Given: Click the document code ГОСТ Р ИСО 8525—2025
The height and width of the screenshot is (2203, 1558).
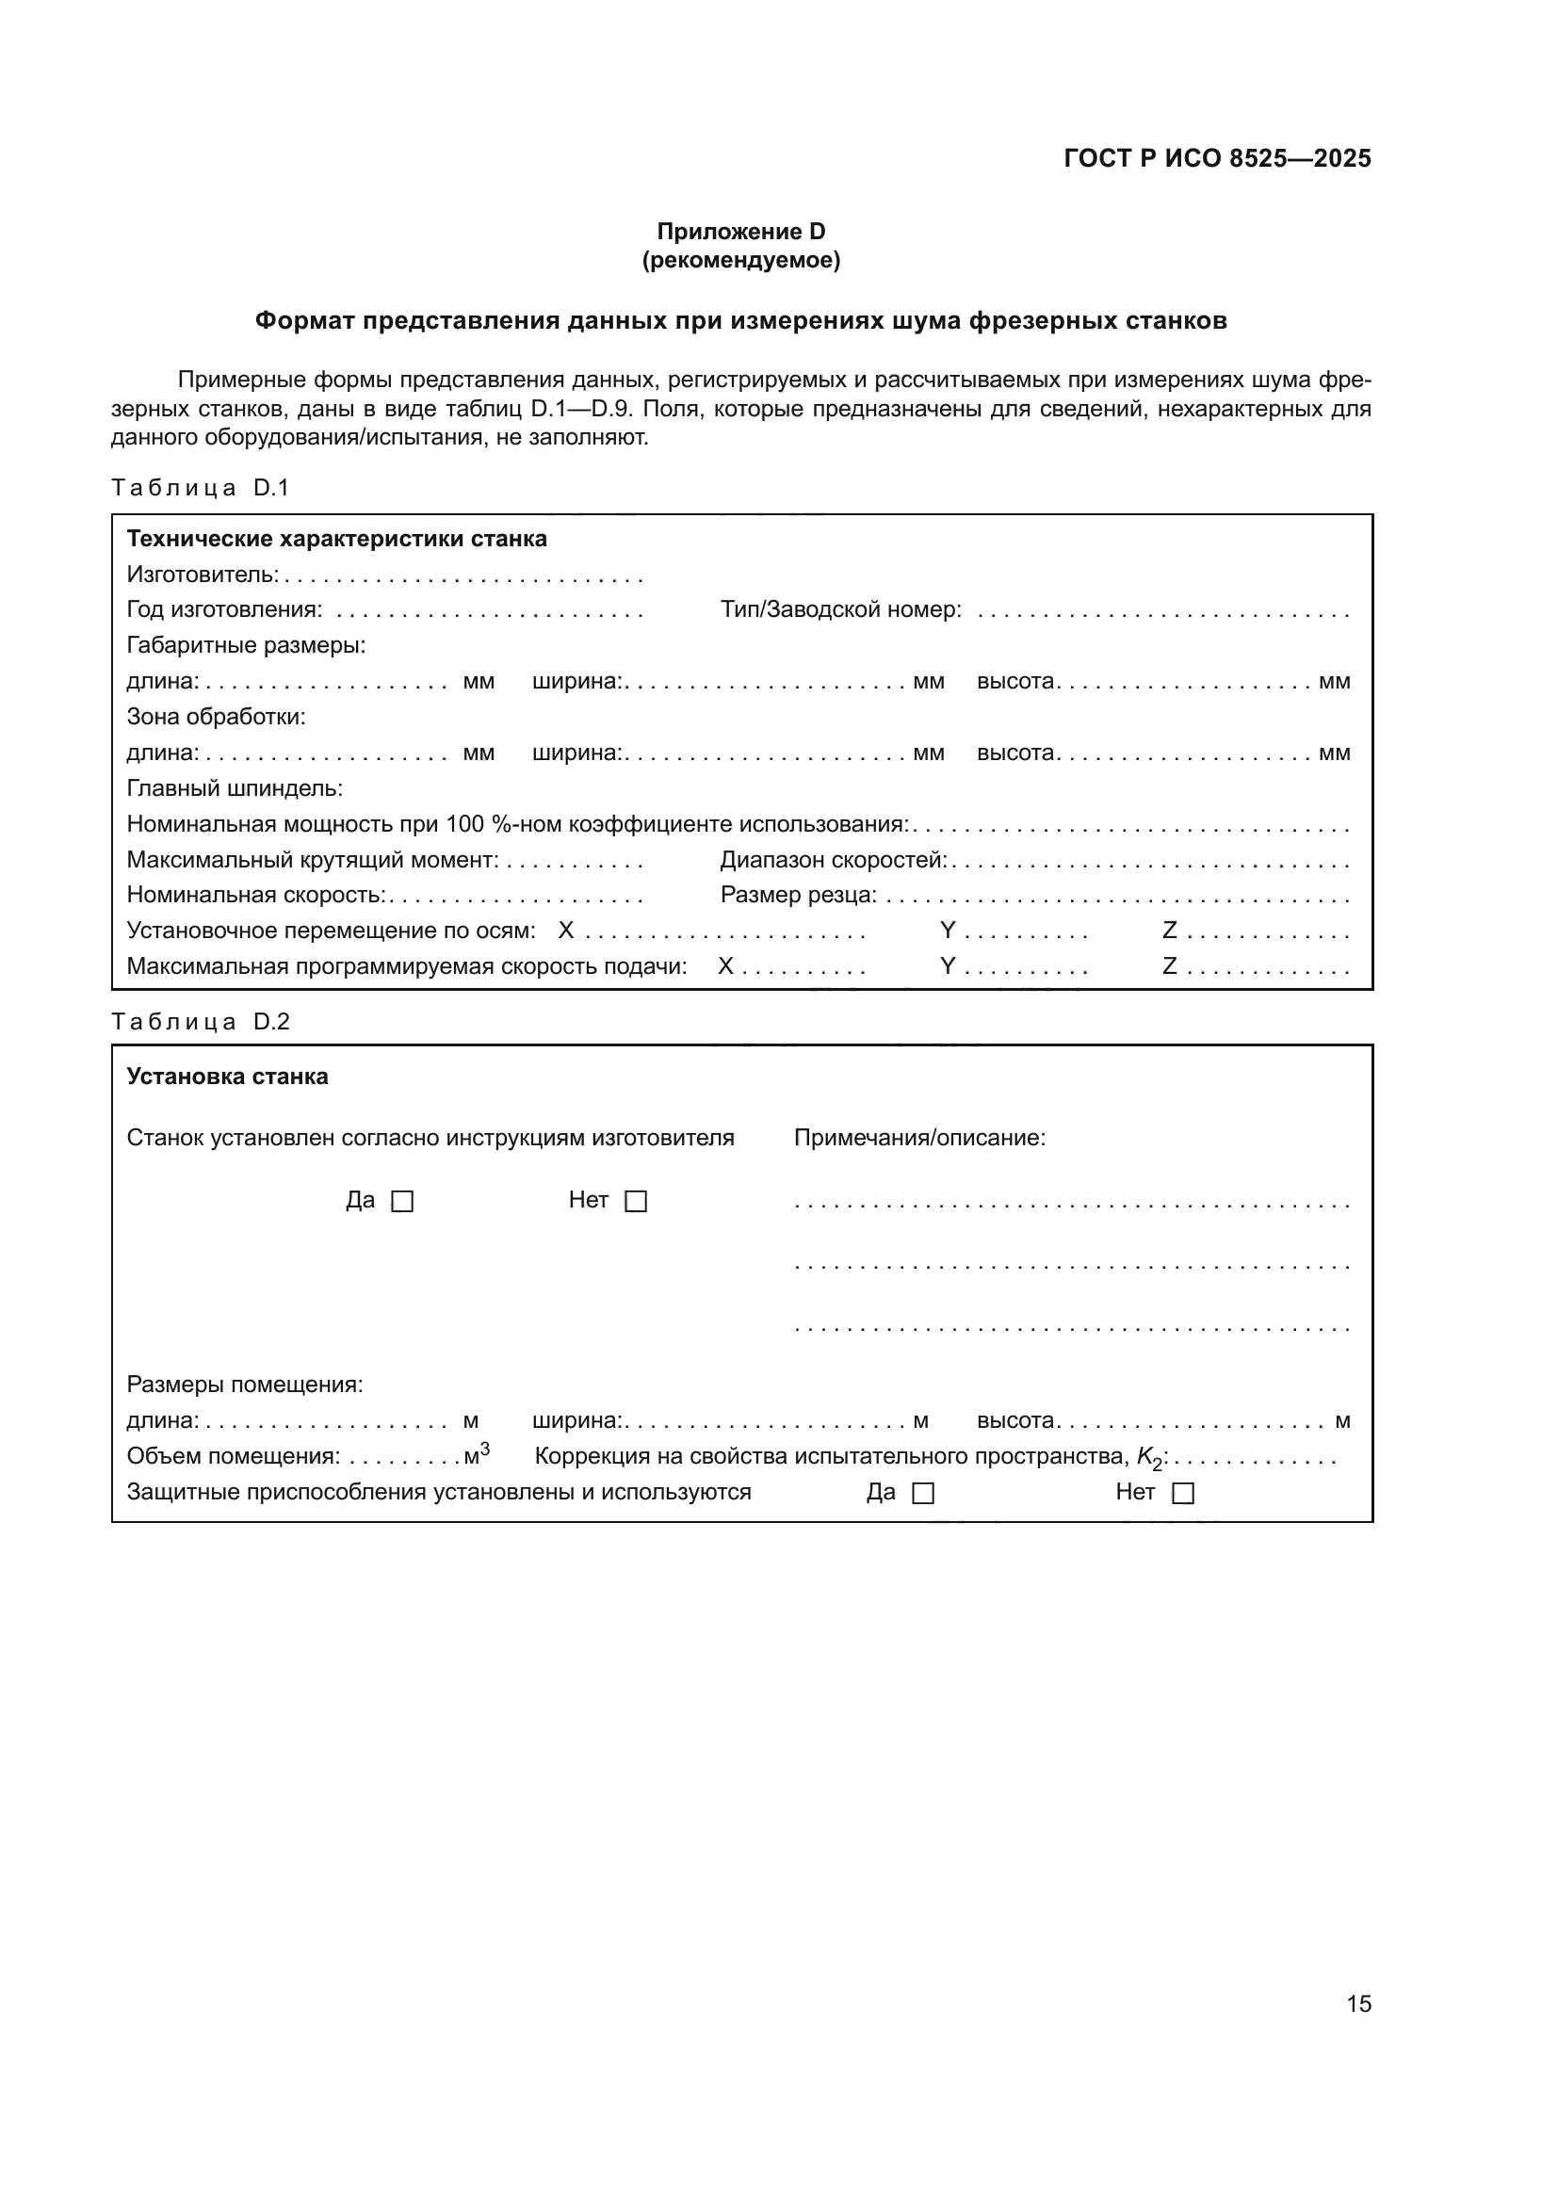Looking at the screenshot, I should [1216, 158].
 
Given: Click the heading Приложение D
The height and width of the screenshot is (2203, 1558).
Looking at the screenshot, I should [740, 232].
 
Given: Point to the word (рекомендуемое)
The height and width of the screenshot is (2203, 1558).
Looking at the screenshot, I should [740, 260].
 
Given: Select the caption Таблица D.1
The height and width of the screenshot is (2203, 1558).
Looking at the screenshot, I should [200, 488].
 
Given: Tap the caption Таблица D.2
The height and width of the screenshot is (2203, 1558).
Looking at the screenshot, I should [200, 1021].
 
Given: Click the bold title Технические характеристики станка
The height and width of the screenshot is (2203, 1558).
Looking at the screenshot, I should [336, 539].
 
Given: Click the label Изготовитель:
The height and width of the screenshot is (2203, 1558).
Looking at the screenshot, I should [203, 575].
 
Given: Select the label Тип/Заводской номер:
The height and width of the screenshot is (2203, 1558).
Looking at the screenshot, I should [840, 609].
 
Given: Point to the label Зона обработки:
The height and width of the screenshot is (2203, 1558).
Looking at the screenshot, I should [216, 717].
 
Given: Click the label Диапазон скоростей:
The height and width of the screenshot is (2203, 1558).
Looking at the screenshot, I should [833, 860].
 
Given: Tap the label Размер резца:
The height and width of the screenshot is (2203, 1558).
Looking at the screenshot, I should [798, 894].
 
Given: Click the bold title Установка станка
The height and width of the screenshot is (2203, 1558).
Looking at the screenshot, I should [227, 1076].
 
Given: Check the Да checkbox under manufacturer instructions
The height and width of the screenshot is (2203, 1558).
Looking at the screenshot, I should [403, 1201].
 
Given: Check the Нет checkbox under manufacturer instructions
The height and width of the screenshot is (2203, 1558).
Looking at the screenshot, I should [636, 1201].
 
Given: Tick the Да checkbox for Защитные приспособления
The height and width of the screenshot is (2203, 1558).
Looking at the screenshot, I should [923, 1493].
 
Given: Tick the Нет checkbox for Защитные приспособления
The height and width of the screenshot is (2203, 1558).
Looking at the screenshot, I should [1184, 1493].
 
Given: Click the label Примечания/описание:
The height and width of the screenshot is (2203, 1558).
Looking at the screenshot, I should [919, 1138].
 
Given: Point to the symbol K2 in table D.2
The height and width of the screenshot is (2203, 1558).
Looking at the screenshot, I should [1148, 1458].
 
